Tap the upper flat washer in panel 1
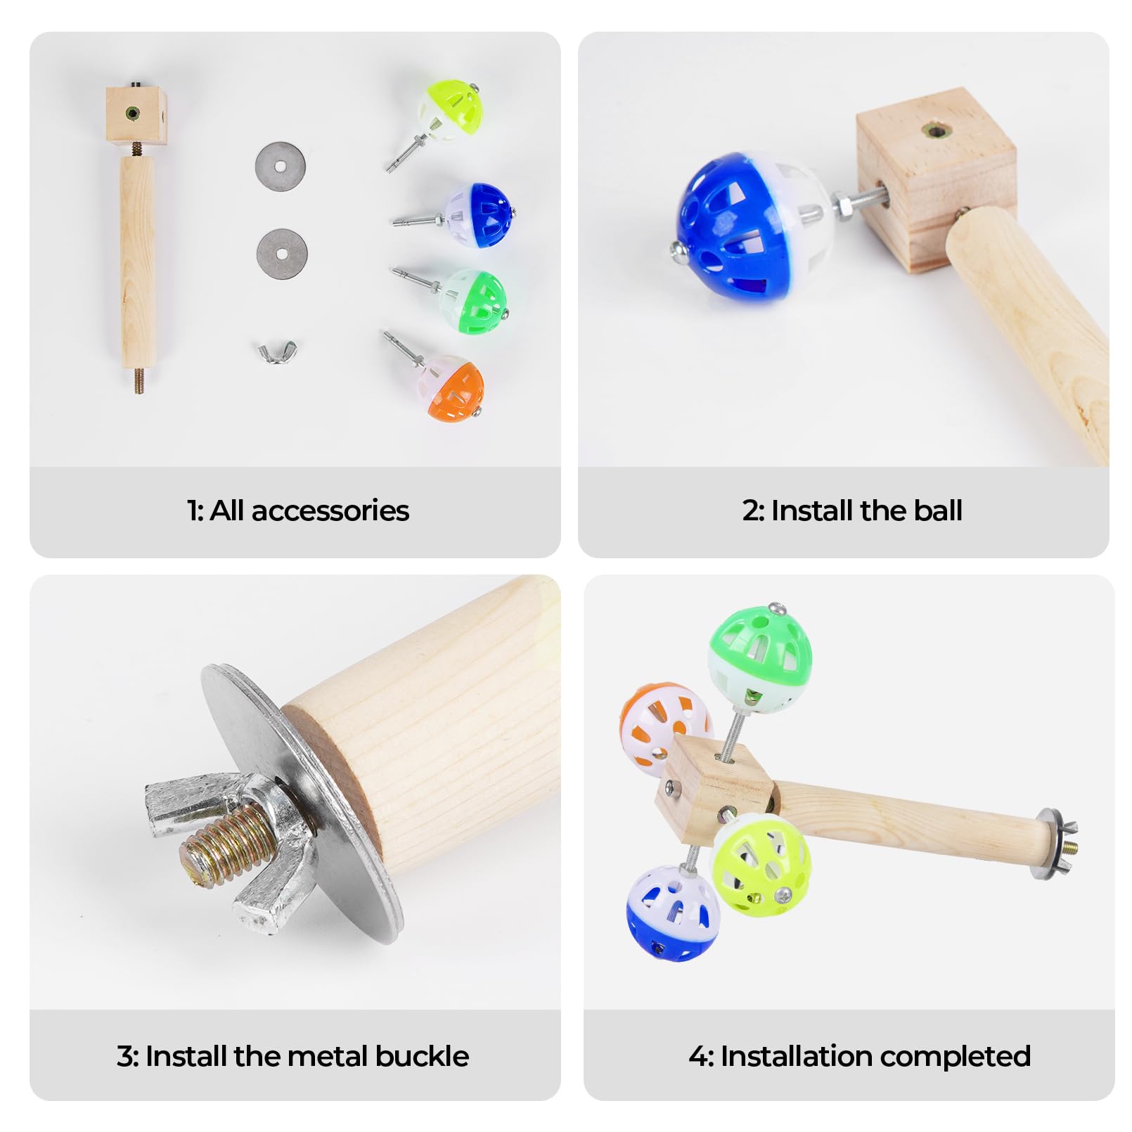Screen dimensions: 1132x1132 click(281, 167)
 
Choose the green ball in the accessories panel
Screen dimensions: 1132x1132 click(472, 300)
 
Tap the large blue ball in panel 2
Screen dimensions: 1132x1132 click(746, 226)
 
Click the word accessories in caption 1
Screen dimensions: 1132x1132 click(330, 511)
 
